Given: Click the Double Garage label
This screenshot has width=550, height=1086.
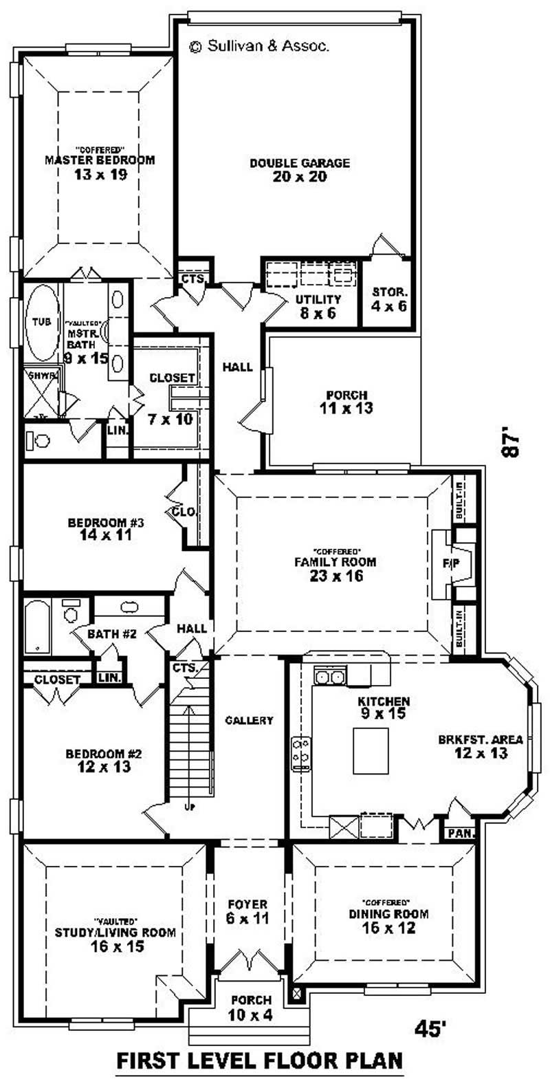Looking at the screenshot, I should (x=300, y=170).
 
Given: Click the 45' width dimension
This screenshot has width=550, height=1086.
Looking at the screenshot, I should (x=431, y=1029).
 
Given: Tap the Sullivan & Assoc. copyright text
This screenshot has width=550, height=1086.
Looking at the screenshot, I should (x=259, y=46).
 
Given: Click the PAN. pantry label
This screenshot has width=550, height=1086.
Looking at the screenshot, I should (x=459, y=834).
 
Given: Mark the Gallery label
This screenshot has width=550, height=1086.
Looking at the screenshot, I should (x=250, y=721).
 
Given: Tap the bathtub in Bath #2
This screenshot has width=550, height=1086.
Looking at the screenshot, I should (x=36, y=627).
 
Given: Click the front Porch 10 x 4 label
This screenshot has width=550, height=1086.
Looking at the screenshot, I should (x=251, y=1006).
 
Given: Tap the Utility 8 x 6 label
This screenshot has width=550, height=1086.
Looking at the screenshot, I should (x=318, y=306).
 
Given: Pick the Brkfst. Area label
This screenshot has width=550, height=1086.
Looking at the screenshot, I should (x=481, y=746).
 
